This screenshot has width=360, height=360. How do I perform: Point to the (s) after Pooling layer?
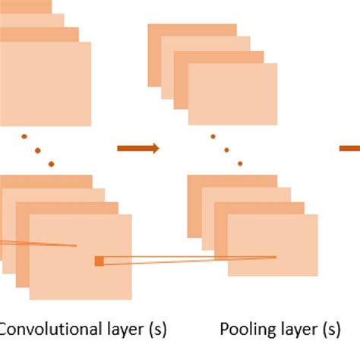tap(329, 330)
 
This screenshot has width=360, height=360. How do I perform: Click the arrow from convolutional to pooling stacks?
tap(138, 148)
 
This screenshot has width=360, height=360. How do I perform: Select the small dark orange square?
tap(99, 261)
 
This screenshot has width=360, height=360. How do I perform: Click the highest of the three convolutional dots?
tap(24, 137)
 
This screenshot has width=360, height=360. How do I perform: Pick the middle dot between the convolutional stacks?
tap(38, 150)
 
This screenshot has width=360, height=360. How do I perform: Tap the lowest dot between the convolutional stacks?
tap(51, 164)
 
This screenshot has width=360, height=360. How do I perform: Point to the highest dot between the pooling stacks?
tap(213, 137)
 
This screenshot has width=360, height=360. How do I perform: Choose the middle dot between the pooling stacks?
tap(226, 150)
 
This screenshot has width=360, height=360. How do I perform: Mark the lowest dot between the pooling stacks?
tap(239, 163)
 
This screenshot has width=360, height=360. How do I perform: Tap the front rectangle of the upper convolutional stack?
tap(46, 84)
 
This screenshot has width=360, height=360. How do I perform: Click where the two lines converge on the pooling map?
tap(276, 257)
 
